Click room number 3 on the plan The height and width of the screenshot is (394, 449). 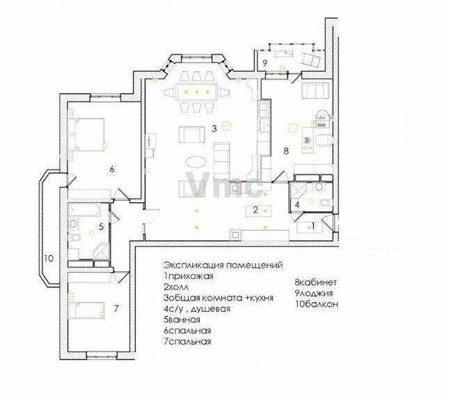click(214, 129)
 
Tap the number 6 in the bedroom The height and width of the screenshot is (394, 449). click(112, 169)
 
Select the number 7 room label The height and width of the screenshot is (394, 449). click(116, 309)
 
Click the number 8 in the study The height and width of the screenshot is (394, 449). click(286, 151)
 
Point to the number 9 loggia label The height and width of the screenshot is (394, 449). click(265, 63)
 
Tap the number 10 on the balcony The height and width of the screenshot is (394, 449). click(49, 258)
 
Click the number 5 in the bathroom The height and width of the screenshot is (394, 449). click(101, 227)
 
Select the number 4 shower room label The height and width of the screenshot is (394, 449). click(297, 205)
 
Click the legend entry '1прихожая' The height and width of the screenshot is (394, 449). click(189, 276)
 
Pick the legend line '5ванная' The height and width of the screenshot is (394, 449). click(182, 319)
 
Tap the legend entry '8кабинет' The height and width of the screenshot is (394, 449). click(316, 282)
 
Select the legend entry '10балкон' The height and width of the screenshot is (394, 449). click(317, 304)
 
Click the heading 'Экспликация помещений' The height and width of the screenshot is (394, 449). click(223, 265)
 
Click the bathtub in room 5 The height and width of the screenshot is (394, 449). click(84, 210)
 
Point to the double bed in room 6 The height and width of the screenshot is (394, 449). click(87, 135)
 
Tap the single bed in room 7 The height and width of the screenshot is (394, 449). click(86, 310)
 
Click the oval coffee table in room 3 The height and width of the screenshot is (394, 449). click(196, 162)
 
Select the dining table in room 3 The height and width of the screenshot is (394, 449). click(197, 92)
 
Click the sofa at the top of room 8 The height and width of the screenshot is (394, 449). click(315, 91)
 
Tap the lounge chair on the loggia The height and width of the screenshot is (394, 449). click(310, 61)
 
